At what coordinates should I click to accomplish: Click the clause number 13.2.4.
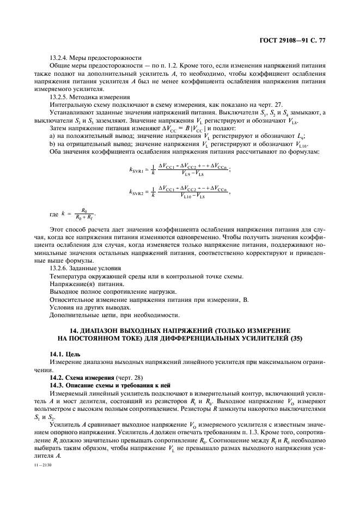[x=60, y=57]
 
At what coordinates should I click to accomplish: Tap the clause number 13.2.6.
[x=60, y=269]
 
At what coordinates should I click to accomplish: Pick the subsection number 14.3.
[x=57, y=385]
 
